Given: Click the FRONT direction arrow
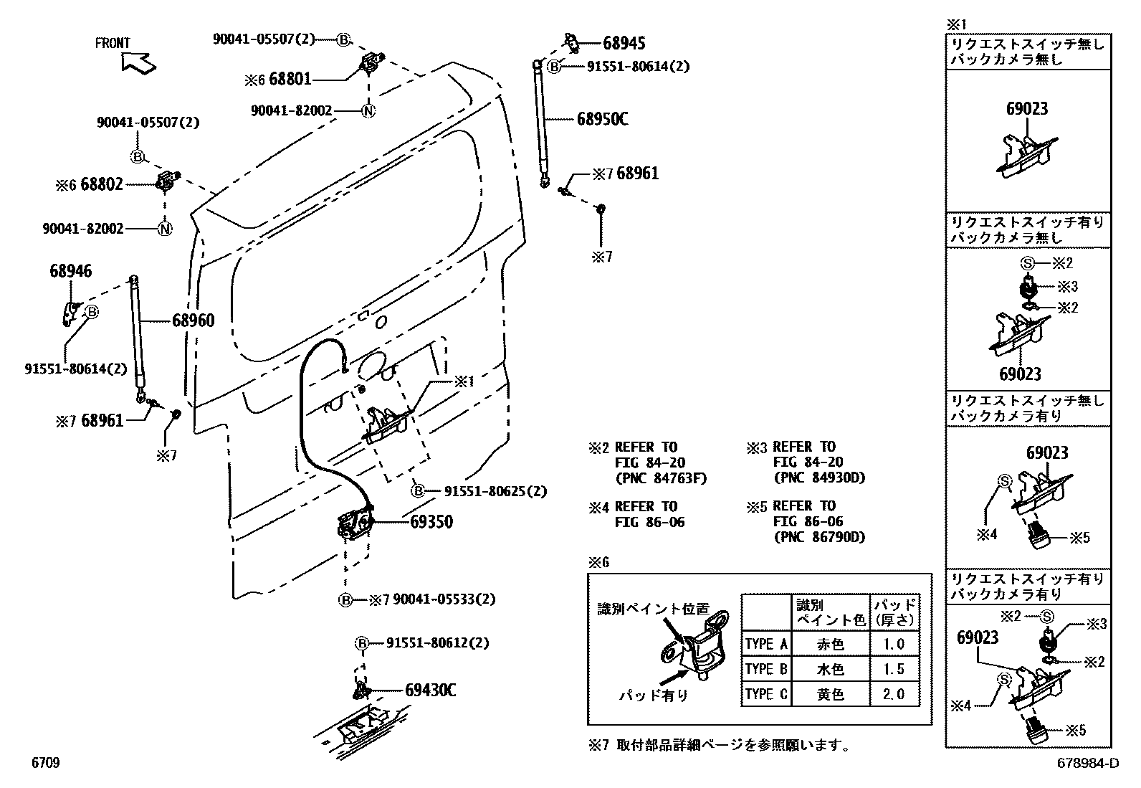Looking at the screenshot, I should [139, 62].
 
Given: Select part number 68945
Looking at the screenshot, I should [624, 43].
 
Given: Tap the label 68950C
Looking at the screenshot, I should [602, 119].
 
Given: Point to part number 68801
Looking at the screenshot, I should [290, 80].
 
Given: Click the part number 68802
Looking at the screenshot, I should [102, 184].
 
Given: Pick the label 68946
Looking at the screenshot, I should [70, 271].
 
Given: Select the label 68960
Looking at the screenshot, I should [193, 321].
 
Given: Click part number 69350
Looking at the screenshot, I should [431, 522].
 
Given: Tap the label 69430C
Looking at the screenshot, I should [430, 690].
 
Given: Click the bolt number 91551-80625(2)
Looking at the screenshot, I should [495, 491].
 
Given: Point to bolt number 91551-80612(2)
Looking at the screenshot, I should [437, 643].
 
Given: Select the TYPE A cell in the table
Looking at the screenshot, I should [765, 644].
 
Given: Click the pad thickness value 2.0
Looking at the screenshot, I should [894, 694].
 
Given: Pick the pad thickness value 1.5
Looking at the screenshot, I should [894, 669].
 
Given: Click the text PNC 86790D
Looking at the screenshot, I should [819, 537].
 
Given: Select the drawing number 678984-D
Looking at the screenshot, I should [1087, 764].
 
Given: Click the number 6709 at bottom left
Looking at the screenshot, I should [44, 764].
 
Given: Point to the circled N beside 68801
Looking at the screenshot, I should [368, 111].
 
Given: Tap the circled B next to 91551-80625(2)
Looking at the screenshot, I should [418, 491].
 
